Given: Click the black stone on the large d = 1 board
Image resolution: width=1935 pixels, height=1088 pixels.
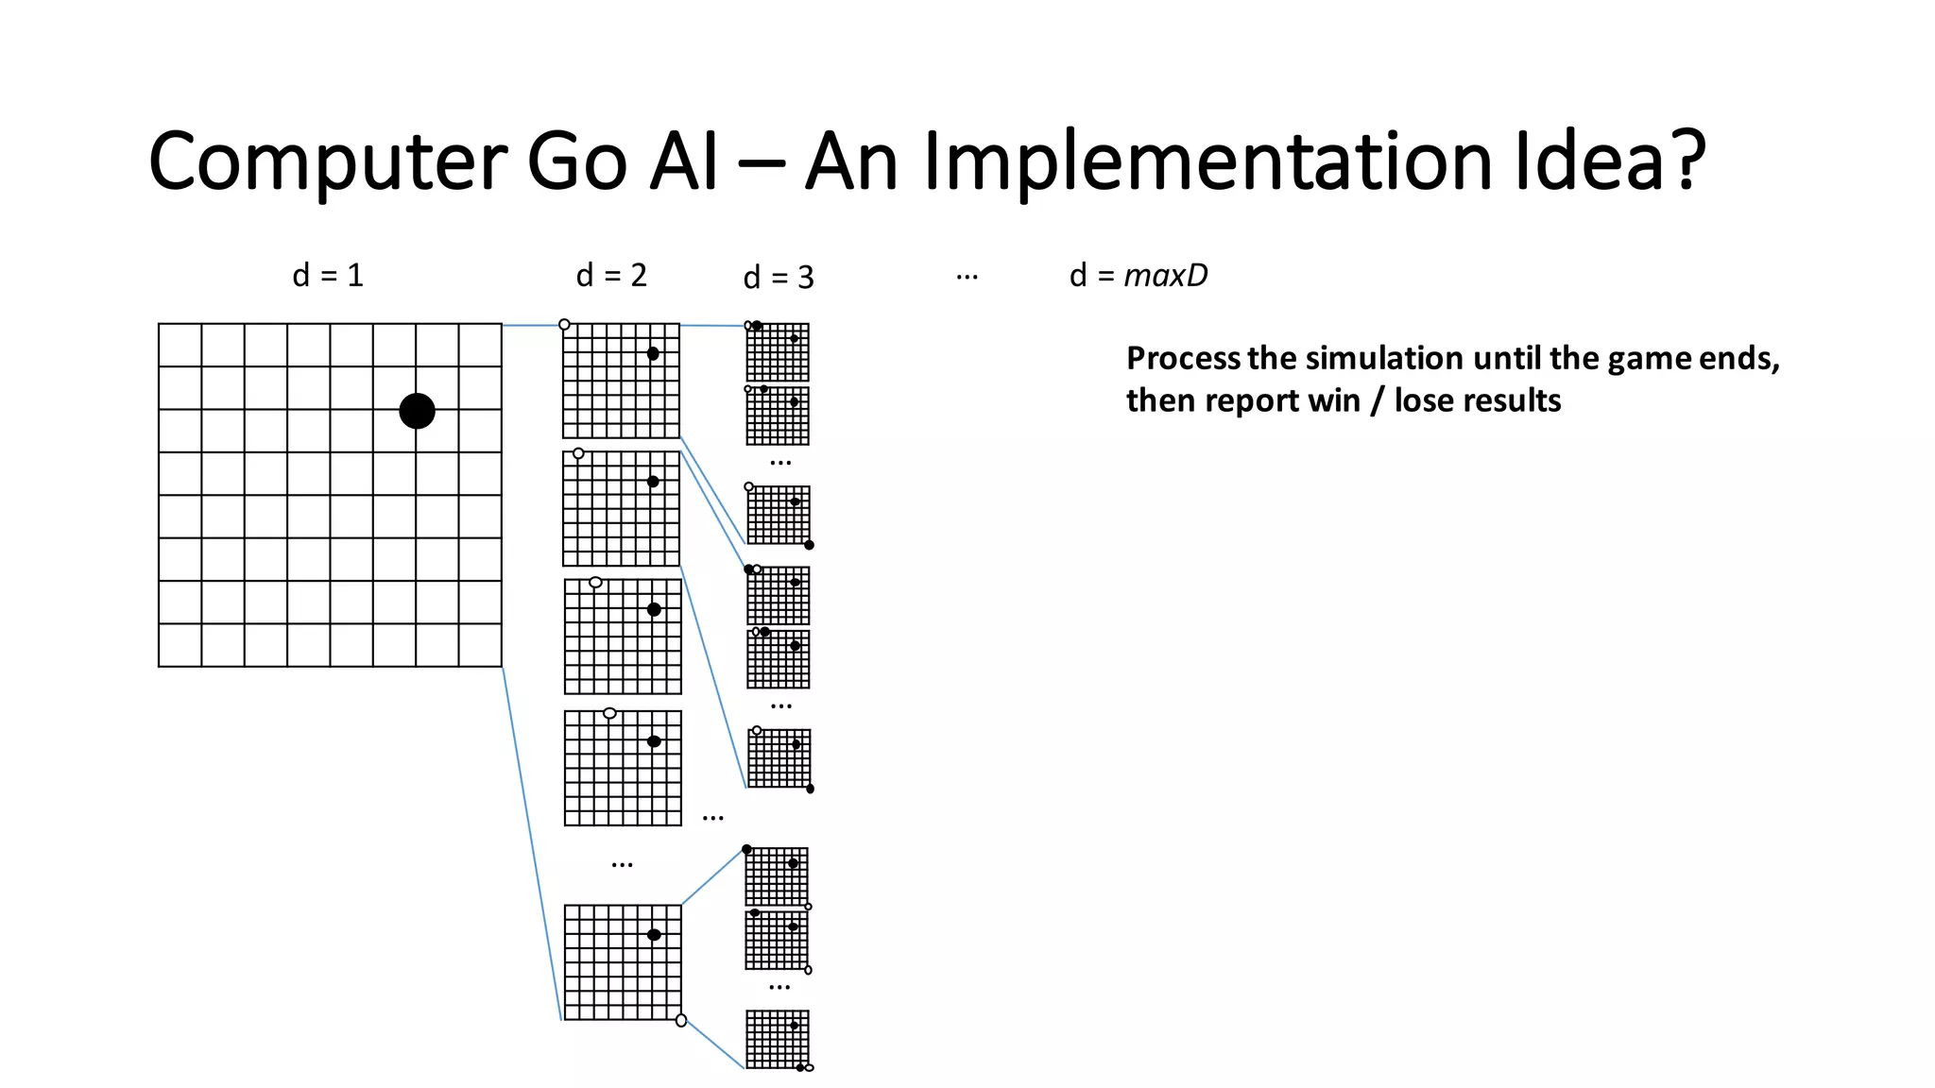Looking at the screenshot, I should [x=417, y=411].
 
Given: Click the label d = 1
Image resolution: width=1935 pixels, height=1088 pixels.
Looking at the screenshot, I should [x=328, y=276].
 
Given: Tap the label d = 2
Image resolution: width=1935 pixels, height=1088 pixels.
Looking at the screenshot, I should [x=611, y=276].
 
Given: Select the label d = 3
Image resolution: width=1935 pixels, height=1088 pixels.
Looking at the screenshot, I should [x=779, y=278].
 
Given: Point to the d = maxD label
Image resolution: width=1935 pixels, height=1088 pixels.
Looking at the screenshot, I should [x=1139, y=276].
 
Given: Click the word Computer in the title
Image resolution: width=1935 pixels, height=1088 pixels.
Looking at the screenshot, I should [x=327, y=162].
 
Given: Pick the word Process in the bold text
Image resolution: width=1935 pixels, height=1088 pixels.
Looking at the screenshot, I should [x=1183, y=359].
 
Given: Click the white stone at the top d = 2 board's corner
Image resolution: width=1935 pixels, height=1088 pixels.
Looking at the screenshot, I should [x=564, y=325].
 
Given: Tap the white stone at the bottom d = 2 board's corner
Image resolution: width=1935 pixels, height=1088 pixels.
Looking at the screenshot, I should [x=681, y=1020].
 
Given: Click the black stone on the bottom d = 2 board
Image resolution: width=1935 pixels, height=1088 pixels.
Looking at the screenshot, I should [x=654, y=935].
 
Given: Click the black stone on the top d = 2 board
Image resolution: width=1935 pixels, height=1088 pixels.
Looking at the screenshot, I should [x=653, y=353].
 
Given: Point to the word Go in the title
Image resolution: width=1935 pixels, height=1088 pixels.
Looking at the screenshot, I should [x=576, y=162].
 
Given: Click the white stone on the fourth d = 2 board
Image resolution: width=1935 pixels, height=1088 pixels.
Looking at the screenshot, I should [x=609, y=713].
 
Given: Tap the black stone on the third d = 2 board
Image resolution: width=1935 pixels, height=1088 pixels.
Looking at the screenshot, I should [x=654, y=609].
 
